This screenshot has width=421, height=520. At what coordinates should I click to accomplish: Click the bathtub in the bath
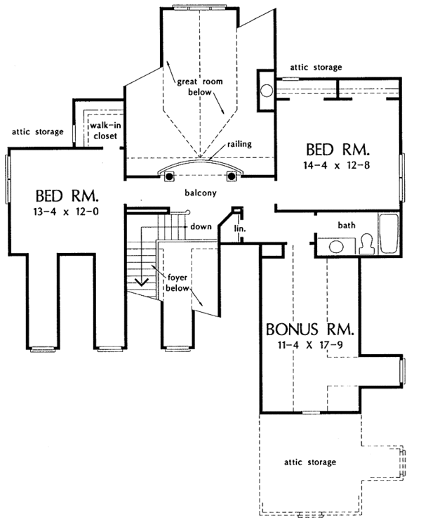(388, 234)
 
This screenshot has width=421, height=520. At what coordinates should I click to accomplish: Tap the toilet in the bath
(366, 244)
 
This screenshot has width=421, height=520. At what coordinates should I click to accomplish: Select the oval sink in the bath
(336, 247)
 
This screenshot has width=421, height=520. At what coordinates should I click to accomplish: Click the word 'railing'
(239, 145)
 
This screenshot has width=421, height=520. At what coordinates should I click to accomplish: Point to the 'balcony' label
(201, 193)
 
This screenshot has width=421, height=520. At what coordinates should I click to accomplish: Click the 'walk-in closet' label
(105, 131)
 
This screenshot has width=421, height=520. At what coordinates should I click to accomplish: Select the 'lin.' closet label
(239, 228)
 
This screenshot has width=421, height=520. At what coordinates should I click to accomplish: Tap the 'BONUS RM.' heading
(310, 330)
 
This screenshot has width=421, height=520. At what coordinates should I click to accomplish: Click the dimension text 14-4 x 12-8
(337, 165)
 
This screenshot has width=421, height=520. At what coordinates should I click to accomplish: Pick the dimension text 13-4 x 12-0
(66, 212)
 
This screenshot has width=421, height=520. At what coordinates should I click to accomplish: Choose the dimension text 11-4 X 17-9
(310, 345)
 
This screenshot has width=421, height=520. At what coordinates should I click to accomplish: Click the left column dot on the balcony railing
(169, 176)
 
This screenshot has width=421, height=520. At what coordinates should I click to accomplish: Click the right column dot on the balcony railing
(232, 176)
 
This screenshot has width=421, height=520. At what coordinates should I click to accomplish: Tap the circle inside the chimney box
(267, 91)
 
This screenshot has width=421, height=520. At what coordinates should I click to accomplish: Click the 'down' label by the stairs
(201, 226)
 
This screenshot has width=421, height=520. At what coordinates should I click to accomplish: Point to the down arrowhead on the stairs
(142, 282)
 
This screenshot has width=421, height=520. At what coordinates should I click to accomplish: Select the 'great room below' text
(200, 87)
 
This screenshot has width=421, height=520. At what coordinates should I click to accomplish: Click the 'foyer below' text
(178, 283)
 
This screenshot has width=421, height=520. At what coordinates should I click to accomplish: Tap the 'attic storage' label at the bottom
(310, 462)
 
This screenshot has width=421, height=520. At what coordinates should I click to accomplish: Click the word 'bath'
(347, 226)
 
